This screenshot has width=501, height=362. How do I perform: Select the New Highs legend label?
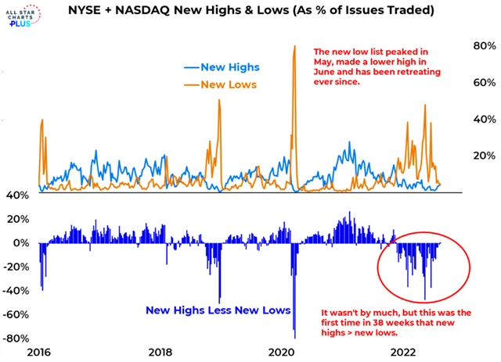click(x=227, y=68)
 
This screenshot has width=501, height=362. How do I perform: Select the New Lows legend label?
click(x=225, y=84)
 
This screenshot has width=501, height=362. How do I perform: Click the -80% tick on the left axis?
click(x=16, y=339)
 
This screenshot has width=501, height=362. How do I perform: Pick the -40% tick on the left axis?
click(x=16, y=291)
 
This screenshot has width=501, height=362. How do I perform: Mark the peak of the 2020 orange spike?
click(x=294, y=46)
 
